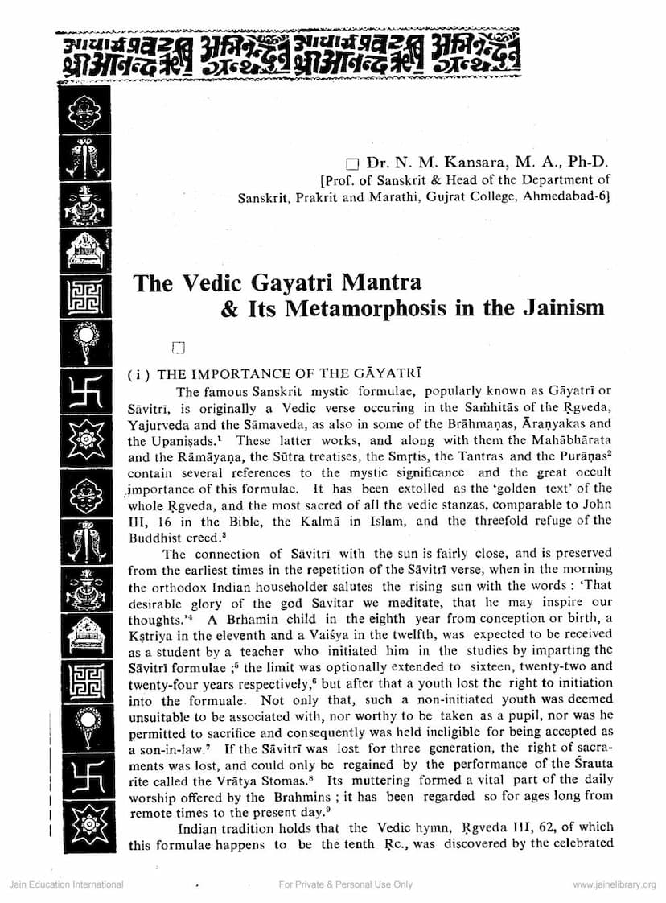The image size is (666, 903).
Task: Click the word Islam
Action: coord(370,521)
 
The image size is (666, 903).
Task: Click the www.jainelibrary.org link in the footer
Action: coord(615,884)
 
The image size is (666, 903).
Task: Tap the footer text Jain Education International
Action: coord(67,884)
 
